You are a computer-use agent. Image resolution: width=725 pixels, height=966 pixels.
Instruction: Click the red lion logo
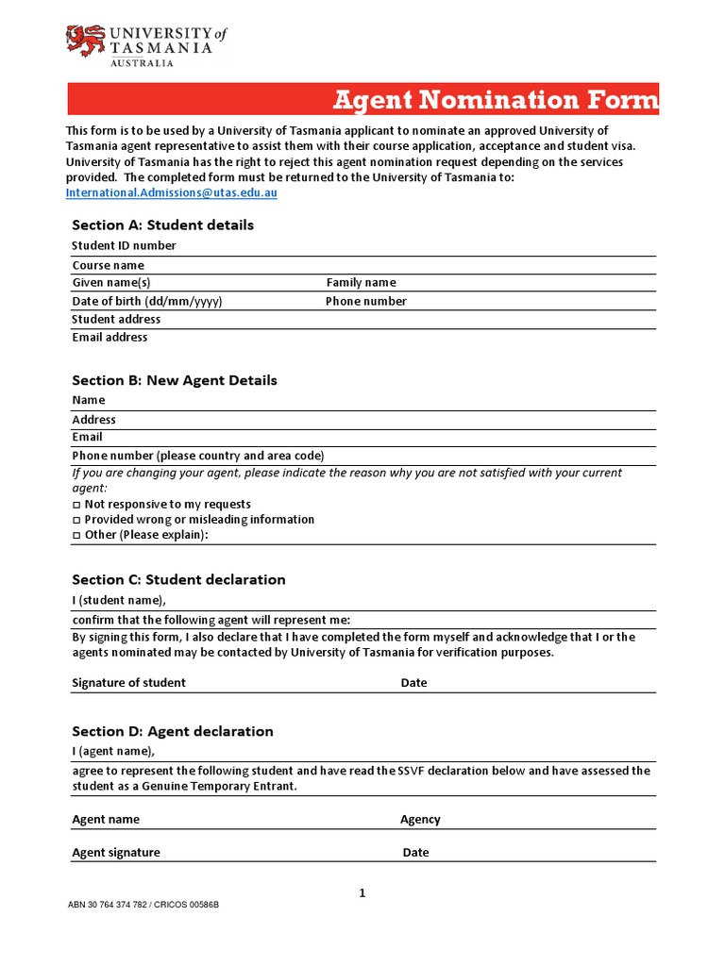[x=86, y=41]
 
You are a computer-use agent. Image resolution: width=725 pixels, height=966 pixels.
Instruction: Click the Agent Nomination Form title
[x=496, y=100]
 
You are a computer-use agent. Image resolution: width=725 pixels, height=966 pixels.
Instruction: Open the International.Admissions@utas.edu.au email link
[x=171, y=192]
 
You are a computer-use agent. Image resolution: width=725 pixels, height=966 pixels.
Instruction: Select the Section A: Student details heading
[x=162, y=225]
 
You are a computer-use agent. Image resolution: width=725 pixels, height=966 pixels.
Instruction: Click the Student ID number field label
[x=124, y=246]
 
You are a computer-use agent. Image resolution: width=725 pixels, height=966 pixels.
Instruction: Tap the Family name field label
[x=361, y=283]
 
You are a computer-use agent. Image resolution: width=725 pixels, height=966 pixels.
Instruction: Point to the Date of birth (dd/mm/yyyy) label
[x=147, y=302]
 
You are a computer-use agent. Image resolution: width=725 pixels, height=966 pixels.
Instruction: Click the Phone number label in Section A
[x=366, y=302]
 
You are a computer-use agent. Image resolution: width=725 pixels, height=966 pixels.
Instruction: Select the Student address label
[x=116, y=320]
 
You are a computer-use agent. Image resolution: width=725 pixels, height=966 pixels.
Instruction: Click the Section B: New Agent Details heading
[x=175, y=381]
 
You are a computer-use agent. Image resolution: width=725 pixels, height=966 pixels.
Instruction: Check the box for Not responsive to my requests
[x=76, y=505]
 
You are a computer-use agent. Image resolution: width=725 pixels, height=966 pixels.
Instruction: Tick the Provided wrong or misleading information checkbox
[x=76, y=520]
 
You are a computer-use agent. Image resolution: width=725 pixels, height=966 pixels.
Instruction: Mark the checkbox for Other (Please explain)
[x=76, y=535]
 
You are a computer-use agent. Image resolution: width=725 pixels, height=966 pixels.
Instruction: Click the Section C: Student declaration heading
[x=178, y=580]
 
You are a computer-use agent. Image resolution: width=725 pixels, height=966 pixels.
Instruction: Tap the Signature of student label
[x=129, y=683]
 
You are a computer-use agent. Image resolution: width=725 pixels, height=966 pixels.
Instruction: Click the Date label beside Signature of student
[x=413, y=683]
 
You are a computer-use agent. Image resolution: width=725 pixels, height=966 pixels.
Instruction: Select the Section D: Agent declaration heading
[x=173, y=732]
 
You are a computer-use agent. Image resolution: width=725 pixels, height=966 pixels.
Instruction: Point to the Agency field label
[x=420, y=820]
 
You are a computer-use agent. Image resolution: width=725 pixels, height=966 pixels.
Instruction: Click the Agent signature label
[x=116, y=853]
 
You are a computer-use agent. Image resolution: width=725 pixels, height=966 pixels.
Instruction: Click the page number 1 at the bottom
[x=362, y=893]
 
